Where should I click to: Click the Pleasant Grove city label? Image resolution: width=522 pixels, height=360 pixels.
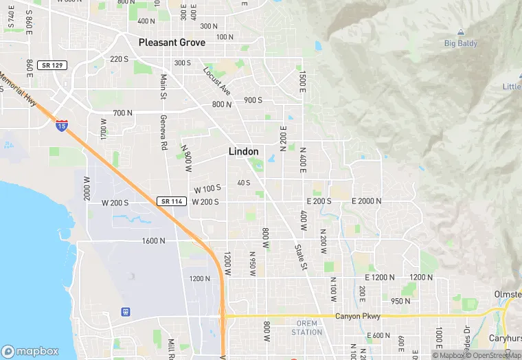[x=172, y=42]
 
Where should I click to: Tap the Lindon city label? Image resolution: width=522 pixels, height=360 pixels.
[x=243, y=151]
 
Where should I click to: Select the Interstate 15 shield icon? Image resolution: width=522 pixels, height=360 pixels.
[x=62, y=125]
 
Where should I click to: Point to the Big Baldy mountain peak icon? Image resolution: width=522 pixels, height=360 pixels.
[x=460, y=32]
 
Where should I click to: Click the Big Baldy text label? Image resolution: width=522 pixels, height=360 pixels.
[x=460, y=43]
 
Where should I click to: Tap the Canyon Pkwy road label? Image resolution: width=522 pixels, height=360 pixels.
[x=357, y=316]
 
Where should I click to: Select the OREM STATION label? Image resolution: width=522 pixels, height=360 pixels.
[x=306, y=328]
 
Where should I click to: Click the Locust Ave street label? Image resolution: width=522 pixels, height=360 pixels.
[x=216, y=81]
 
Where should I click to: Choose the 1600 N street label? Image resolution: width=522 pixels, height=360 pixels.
[x=153, y=241]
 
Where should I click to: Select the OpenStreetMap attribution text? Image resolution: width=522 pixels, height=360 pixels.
[x=495, y=355]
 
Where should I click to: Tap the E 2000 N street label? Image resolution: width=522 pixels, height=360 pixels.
[x=366, y=201]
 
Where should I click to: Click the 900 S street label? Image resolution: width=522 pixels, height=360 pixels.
[x=253, y=100]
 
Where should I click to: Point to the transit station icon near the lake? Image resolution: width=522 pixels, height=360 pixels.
[x=126, y=311]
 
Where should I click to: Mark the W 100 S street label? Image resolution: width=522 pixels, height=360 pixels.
[x=207, y=188]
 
